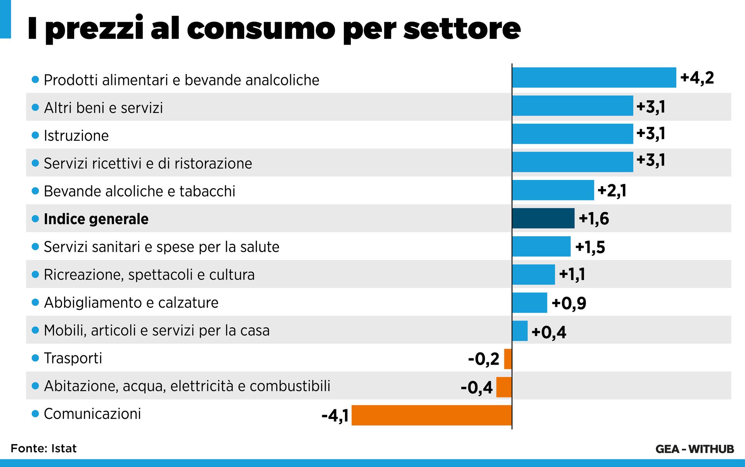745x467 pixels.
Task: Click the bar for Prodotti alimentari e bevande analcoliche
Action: click(594, 78)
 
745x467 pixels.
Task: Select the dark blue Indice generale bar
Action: click(543, 218)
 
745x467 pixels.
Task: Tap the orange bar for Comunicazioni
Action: click(431, 415)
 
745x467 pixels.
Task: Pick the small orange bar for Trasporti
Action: click(508, 359)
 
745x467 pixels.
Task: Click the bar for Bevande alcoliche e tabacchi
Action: click(553, 190)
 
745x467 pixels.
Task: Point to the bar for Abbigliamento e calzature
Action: click(530, 303)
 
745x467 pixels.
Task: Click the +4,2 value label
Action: click(697, 78)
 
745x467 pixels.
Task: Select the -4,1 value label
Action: click(335, 416)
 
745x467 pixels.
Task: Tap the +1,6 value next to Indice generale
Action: click(594, 219)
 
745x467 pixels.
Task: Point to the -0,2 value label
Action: click(483, 359)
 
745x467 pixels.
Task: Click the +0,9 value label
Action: click(569, 303)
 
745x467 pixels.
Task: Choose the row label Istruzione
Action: click(76, 136)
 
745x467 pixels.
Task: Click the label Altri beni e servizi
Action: click(103, 108)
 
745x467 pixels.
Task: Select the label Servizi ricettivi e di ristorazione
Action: click(148, 163)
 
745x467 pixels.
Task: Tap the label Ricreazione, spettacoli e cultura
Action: click(149, 275)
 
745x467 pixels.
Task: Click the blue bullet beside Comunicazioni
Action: click(35, 414)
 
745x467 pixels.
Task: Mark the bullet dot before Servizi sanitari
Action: click(35, 247)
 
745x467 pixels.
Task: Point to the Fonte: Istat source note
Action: click(43, 448)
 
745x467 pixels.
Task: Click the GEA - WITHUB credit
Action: click(695, 449)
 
